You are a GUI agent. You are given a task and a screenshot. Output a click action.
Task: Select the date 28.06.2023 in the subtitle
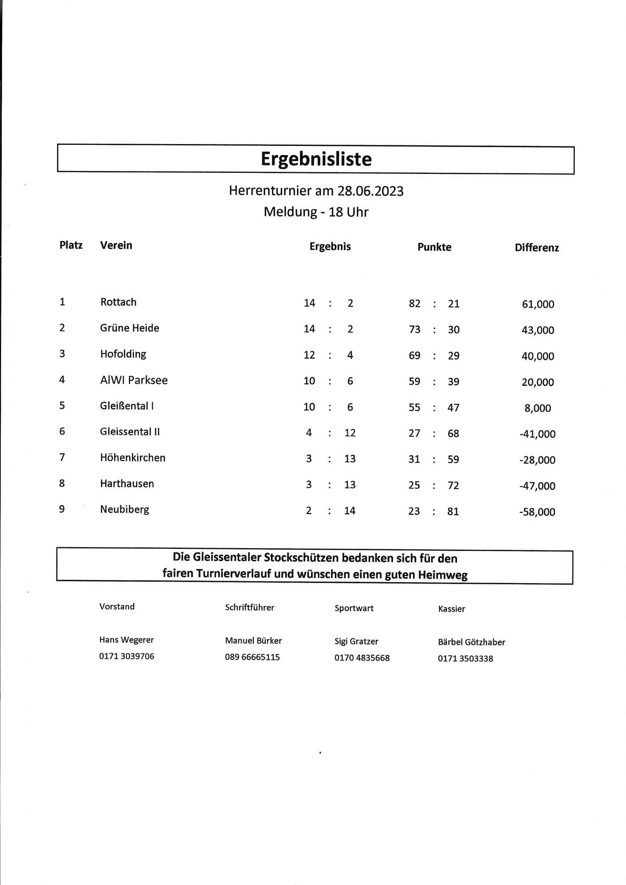[x=371, y=191]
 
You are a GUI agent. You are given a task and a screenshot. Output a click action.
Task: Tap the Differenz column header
[x=536, y=248]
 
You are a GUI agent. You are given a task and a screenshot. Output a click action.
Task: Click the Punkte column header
[x=434, y=247]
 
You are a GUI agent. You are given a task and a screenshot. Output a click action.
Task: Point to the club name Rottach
[x=118, y=302]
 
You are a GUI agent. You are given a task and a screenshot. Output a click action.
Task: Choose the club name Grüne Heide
[x=130, y=328]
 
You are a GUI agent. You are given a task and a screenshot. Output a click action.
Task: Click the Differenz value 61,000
[x=538, y=304]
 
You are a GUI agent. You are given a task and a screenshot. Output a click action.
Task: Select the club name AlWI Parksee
[x=134, y=380]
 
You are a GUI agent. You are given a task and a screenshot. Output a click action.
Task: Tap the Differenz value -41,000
[x=538, y=434]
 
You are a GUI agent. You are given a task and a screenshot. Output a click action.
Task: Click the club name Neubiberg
[x=124, y=510]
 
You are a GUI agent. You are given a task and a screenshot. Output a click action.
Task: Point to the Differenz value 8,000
[x=538, y=408]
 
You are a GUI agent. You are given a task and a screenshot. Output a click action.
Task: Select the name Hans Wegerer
[x=127, y=640]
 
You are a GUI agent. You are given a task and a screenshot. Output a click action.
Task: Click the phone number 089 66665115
[x=252, y=657]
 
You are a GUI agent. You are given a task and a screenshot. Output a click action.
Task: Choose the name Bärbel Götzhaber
[x=471, y=642]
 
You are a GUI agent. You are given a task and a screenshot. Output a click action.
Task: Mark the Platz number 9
[x=62, y=509]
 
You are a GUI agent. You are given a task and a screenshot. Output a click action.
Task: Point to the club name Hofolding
[x=123, y=354]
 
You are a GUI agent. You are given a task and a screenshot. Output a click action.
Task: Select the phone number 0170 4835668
[x=362, y=658]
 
